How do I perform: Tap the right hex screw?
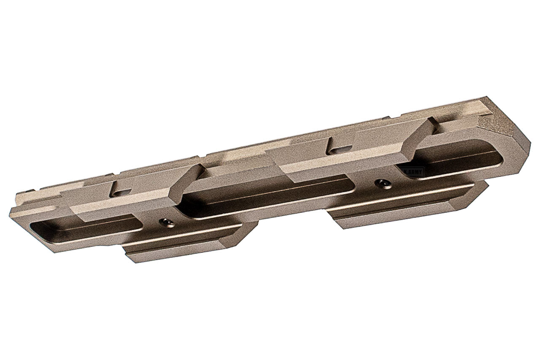coord(383,184)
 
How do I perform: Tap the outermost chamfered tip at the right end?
coord(527,146)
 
